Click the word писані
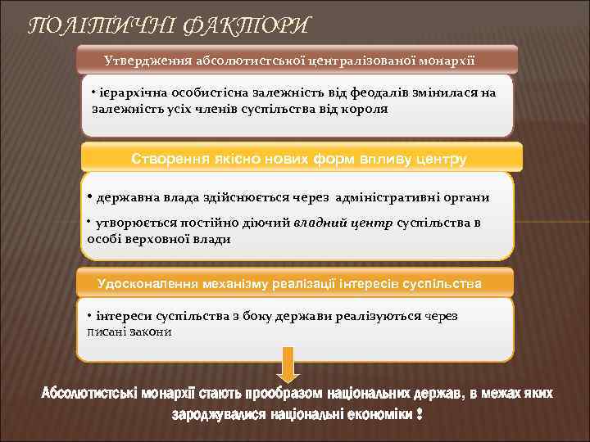(x=107, y=331)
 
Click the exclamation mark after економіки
(x=420, y=416)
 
